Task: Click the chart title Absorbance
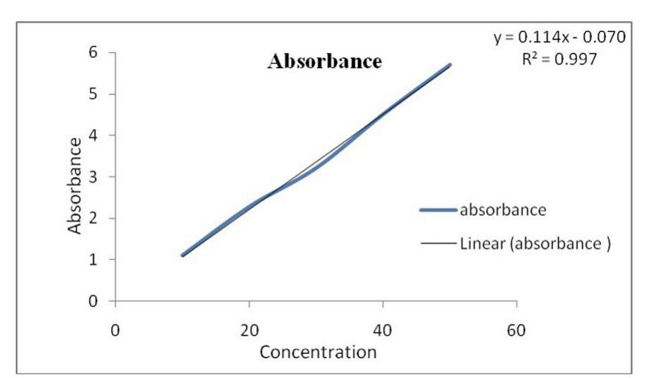325,62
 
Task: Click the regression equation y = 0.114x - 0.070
559,38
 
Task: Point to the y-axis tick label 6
93,52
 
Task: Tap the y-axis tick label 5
93,94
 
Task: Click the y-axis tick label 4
93,135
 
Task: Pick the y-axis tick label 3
93,177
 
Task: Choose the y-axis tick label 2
93,218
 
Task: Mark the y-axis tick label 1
93,260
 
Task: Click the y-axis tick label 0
93,302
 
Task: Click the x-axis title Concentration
318,352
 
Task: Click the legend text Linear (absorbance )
534,244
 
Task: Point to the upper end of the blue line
450,65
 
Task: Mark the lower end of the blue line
183,255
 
